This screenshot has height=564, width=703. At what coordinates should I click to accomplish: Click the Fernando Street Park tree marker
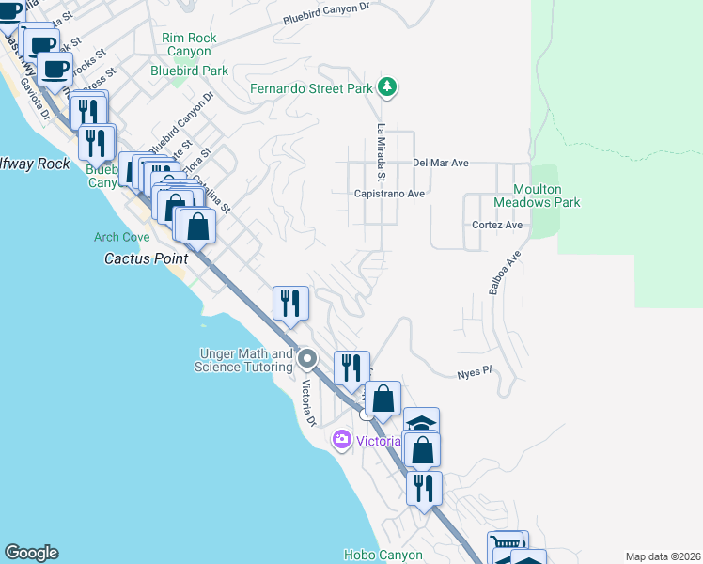[x=387, y=87]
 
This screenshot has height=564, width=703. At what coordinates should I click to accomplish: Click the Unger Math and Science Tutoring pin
[x=306, y=359]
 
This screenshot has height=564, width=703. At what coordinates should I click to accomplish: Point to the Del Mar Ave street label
[x=440, y=163]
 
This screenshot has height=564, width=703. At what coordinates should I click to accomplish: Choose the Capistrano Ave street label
[x=389, y=194]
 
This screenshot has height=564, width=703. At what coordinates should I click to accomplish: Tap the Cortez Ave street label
[x=500, y=226]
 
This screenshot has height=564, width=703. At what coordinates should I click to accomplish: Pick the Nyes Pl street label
[x=475, y=372]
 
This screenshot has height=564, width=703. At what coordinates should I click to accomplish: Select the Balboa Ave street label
[x=504, y=273]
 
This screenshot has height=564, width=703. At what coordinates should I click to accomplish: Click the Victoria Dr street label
[x=306, y=401]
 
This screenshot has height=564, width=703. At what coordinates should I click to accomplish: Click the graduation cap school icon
[x=422, y=421]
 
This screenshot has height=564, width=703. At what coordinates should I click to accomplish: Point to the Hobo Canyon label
[x=383, y=555]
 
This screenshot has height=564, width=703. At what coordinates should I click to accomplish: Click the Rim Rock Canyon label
[x=189, y=44]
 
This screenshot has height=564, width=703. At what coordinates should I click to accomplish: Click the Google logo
[x=31, y=553]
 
